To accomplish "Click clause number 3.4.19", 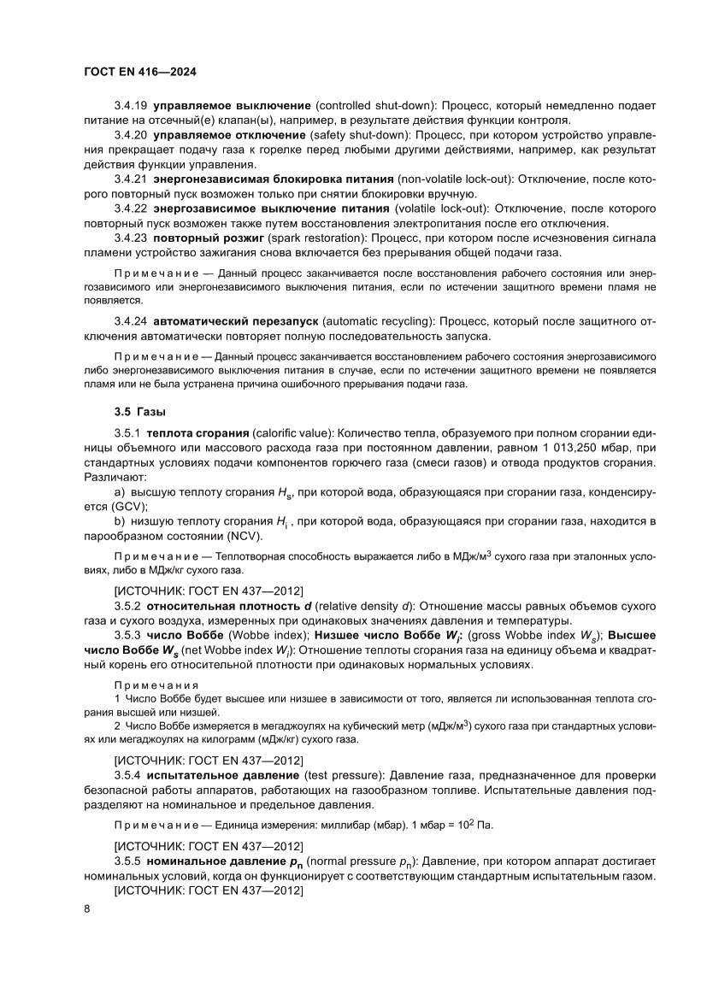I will (x=131, y=105).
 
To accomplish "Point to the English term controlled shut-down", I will (x=375, y=105).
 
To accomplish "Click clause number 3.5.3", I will (x=131, y=635).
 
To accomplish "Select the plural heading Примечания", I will (x=156, y=685).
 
